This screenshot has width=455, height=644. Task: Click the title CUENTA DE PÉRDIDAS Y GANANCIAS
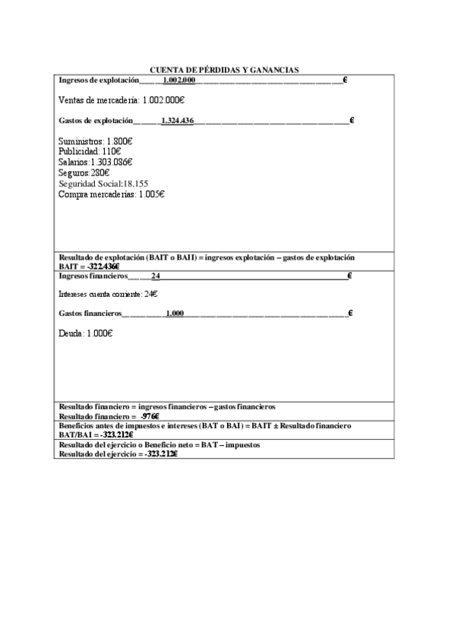click(x=225, y=69)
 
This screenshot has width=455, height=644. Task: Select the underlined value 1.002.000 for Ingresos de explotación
click(x=179, y=80)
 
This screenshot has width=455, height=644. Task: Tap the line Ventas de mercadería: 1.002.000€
click(x=122, y=99)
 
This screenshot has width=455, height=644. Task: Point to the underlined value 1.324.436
click(x=177, y=120)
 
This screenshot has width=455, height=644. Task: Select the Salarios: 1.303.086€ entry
click(x=96, y=162)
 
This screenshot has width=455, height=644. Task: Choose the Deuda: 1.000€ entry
click(x=86, y=333)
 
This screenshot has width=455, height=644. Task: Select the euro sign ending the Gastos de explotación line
click(x=352, y=120)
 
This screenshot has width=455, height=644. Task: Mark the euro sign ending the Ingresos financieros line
click(x=349, y=276)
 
